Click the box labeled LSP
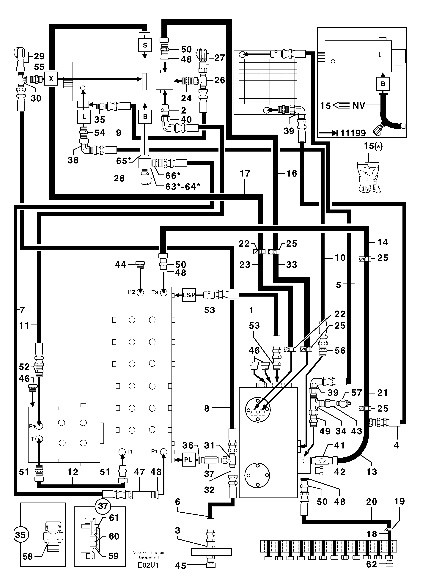click(189, 295)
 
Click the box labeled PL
click(188, 460)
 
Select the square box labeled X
click(51, 78)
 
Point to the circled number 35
click(20, 535)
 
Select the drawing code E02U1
click(148, 565)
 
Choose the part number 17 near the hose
click(245, 174)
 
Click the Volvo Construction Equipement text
click(148, 555)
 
